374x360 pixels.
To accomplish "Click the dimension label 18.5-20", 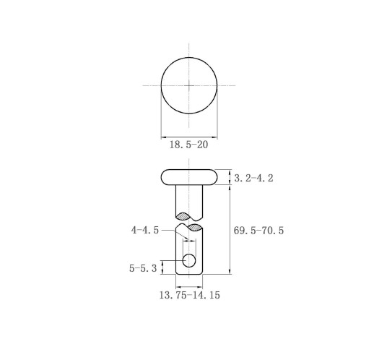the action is [x=188, y=145].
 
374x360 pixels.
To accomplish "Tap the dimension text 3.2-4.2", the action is [x=253, y=179].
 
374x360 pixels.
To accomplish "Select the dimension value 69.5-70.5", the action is [x=258, y=231].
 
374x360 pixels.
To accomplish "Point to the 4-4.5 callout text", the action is [x=145, y=230].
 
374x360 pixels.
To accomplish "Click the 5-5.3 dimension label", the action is [x=143, y=268].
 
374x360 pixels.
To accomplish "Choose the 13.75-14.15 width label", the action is [x=190, y=295].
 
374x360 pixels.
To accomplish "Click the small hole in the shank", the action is [x=189, y=260].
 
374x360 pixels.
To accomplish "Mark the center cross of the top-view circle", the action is [x=189, y=85].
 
